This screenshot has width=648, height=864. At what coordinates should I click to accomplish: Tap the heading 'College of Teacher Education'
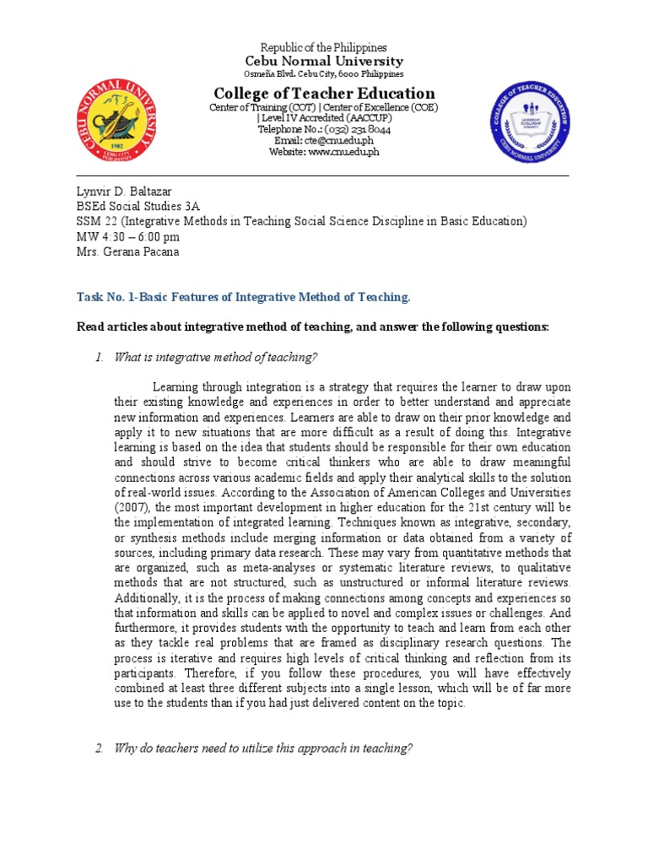click(x=324, y=94)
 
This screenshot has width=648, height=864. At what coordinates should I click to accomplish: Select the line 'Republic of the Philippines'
click(x=324, y=48)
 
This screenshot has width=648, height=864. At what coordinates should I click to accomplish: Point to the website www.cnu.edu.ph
click(x=324, y=152)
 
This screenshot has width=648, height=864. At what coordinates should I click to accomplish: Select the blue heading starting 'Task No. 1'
click(x=243, y=297)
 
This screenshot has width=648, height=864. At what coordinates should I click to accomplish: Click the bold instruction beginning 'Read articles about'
click(x=312, y=327)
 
